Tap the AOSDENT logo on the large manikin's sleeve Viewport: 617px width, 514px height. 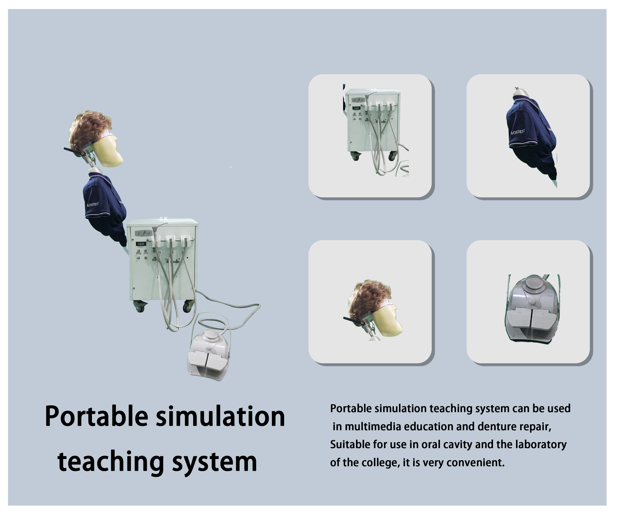(93, 204)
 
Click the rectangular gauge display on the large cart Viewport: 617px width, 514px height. (141, 243)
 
